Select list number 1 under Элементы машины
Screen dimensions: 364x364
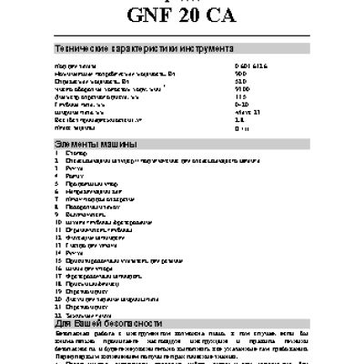(x=57, y=155)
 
